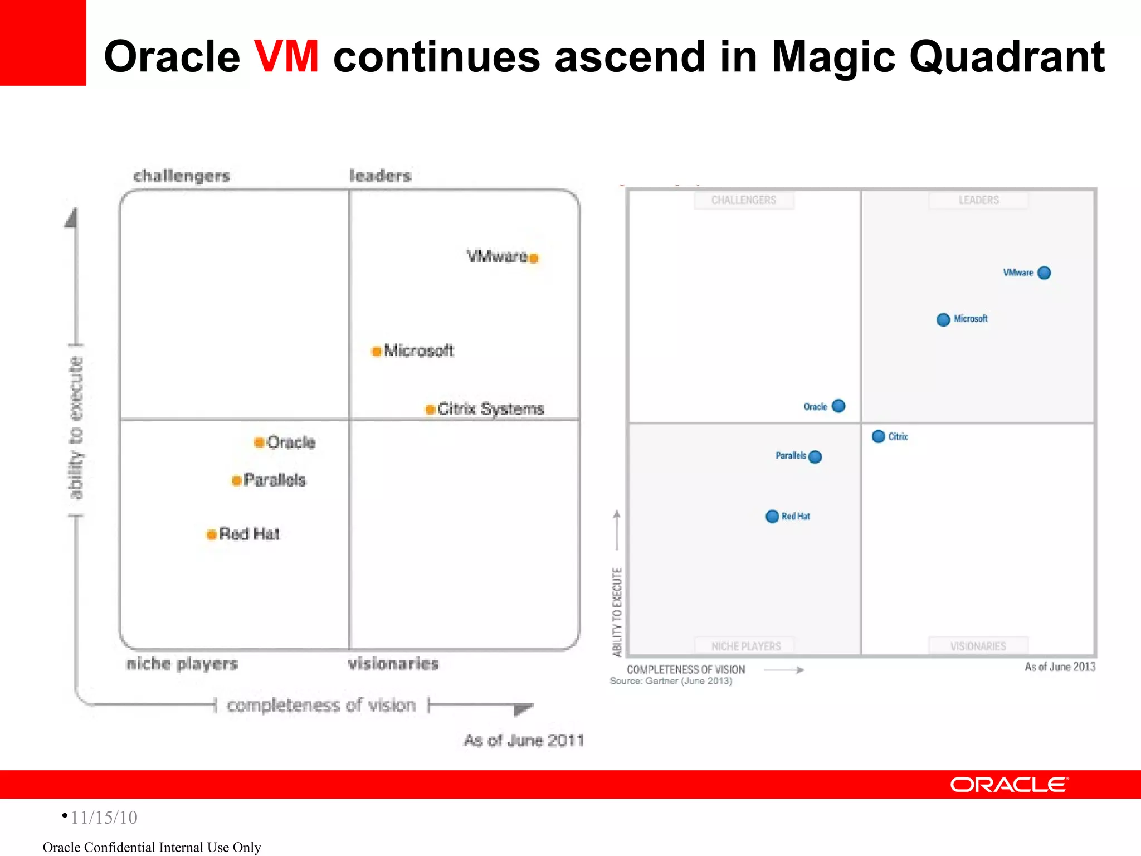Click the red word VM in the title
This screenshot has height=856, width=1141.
(286, 57)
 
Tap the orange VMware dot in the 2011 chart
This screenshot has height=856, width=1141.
(534, 258)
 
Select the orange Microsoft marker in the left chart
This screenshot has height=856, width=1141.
(377, 351)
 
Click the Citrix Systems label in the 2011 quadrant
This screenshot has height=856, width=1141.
(490, 409)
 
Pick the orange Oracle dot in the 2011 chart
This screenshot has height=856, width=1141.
(259, 442)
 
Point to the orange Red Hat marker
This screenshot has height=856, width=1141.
(212, 534)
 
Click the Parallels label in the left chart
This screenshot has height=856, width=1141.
(275, 480)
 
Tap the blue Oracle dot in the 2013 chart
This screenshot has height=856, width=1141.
(838, 406)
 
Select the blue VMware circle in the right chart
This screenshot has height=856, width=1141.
(1045, 273)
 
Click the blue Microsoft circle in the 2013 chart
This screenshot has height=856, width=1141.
(943, 319)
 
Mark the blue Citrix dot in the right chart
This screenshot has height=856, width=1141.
(879, 436)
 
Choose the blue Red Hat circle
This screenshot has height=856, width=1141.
(772, 517)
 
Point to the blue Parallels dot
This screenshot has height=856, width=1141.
(815, 457)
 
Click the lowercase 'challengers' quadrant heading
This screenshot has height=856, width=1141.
(182, 176)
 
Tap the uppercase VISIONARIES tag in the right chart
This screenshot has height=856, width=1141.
(978, 646)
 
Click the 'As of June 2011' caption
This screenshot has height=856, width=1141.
(524, 740)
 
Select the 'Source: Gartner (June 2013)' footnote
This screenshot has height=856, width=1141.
(671, 681)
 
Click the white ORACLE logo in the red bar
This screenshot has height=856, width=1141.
(1009, 785)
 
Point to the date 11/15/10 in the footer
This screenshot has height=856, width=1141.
(104, 818)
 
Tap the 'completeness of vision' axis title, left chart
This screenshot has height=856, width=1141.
(321, 706)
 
